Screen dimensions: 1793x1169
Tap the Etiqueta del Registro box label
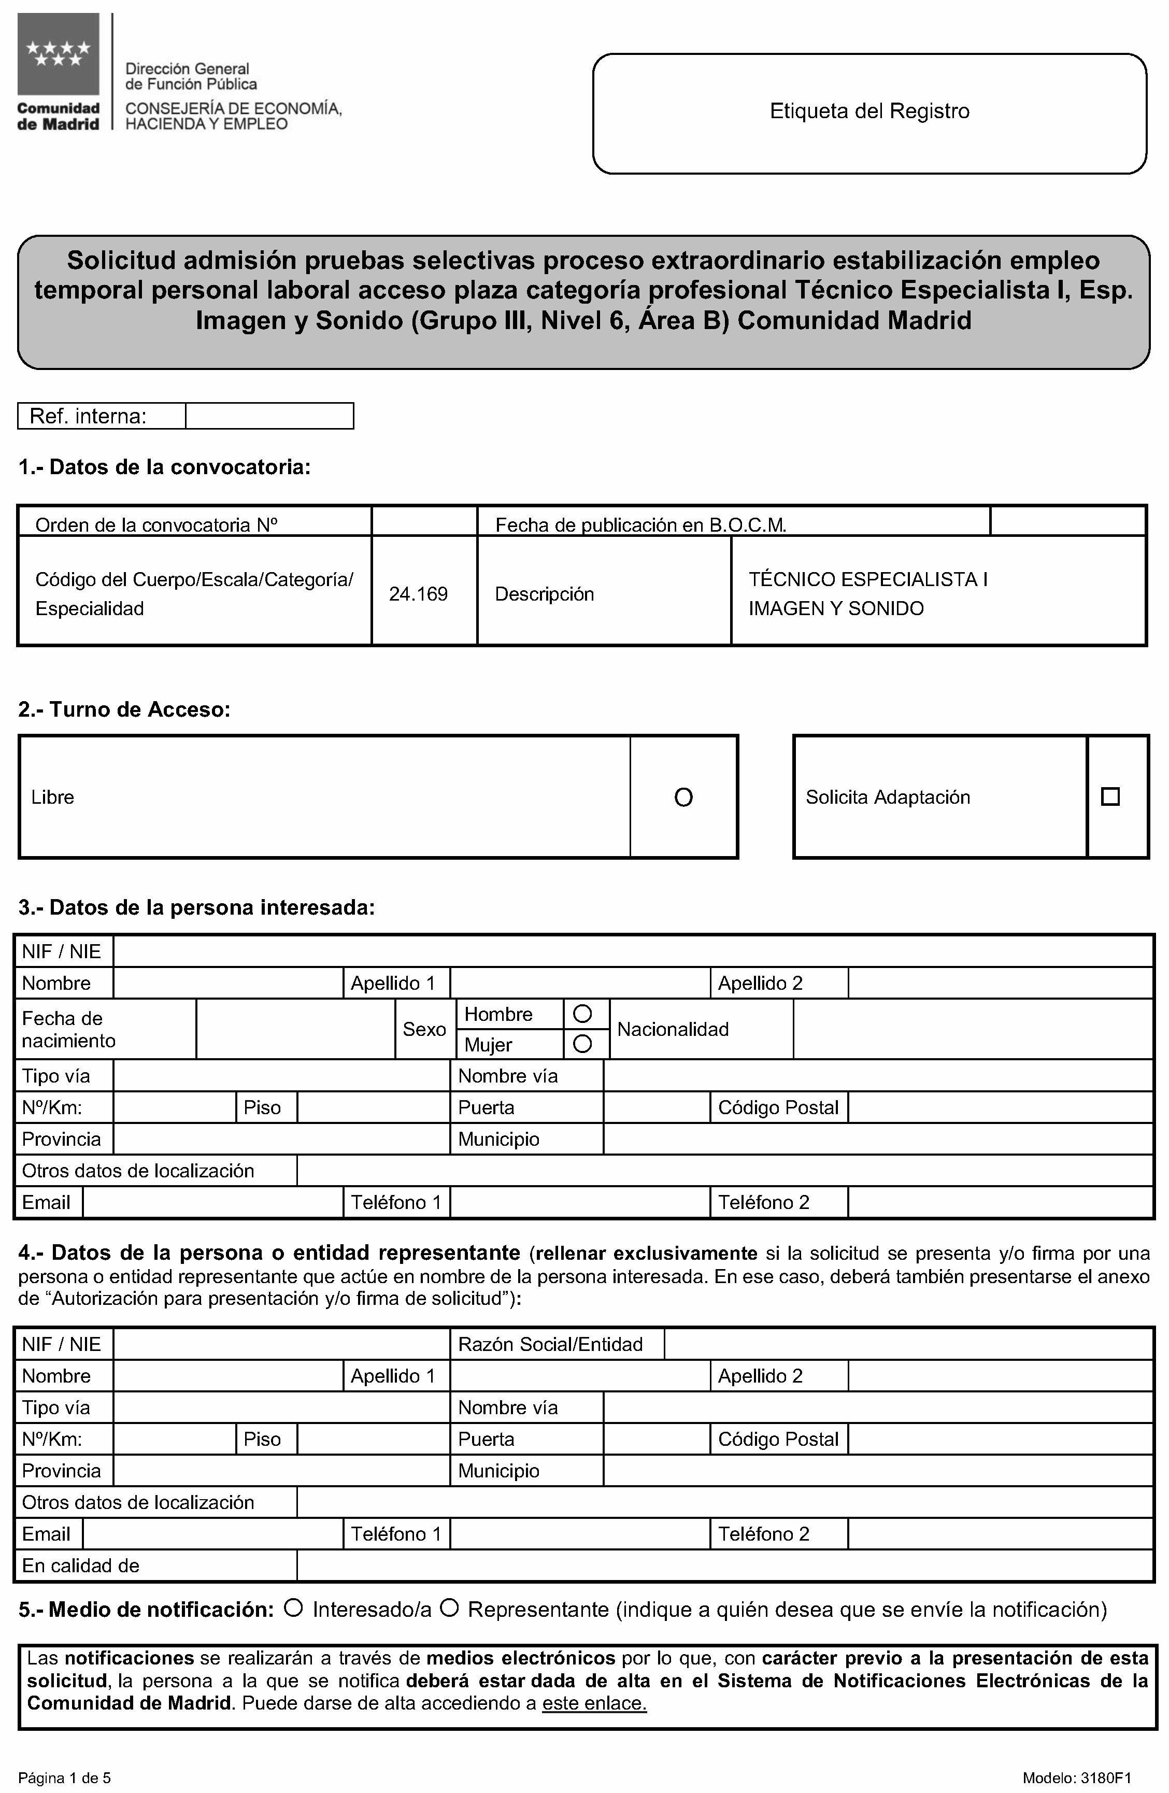coord(869,111)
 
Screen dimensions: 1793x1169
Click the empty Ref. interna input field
coord(269,416)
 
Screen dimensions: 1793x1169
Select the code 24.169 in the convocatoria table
coord(418,594)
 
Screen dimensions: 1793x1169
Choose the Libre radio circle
coord(683,797)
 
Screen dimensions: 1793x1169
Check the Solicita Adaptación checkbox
coord(1110,796)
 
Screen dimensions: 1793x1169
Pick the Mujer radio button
coord(582,1044)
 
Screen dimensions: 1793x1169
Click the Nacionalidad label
coord(673,1029)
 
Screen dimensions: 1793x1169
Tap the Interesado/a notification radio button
coord(294,1609)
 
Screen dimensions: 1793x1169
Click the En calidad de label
coord(81,1566)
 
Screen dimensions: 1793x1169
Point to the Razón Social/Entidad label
coord(550,1345)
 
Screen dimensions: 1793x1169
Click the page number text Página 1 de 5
coord(65,1778)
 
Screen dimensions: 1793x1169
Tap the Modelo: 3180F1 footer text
coord(1077,1778)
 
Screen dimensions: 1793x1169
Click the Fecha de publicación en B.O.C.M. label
coord(640,525)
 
